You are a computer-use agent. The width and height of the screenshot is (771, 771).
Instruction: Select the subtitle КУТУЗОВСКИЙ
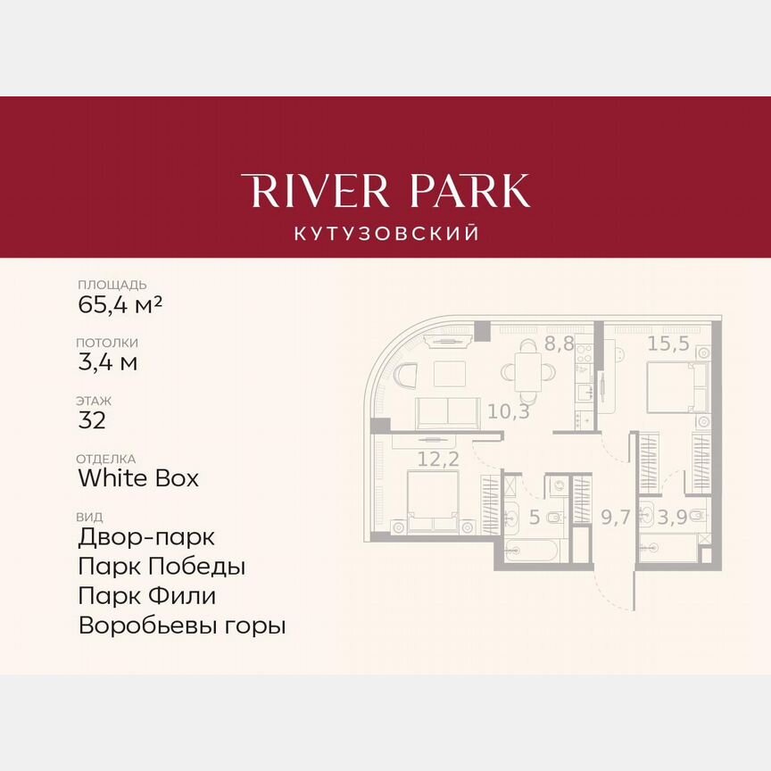385,234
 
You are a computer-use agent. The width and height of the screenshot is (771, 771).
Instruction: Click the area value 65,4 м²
120,304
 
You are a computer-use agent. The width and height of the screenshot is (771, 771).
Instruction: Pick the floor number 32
92,420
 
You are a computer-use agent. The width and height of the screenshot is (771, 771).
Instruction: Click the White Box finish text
138,478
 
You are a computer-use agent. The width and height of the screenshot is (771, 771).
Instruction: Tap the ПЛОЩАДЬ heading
112,285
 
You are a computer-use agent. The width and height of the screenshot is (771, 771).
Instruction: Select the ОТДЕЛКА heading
107,459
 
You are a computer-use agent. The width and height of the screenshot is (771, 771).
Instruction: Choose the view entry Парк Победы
162,567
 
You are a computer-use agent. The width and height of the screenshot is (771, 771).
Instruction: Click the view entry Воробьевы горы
182,626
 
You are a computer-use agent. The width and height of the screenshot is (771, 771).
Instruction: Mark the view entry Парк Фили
147,595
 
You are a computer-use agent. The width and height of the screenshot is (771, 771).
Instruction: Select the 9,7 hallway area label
615,517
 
